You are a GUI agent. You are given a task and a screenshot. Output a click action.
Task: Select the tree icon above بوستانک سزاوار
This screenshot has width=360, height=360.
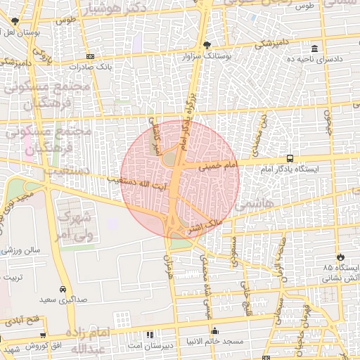(x=207, y=46)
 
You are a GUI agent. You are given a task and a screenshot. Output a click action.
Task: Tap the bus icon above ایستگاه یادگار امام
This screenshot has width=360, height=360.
(x=290, y=159)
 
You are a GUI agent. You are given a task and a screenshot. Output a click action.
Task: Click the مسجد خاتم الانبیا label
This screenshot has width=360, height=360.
(x=215, y=341)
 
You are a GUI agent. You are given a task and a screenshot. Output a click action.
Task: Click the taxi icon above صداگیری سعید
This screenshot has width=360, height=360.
(x=63, y=288)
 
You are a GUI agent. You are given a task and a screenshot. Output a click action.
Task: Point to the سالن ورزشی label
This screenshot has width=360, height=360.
(x=20, y=250)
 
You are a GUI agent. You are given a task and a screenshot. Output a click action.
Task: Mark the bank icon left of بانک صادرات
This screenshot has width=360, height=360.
(x=90, y=56)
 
